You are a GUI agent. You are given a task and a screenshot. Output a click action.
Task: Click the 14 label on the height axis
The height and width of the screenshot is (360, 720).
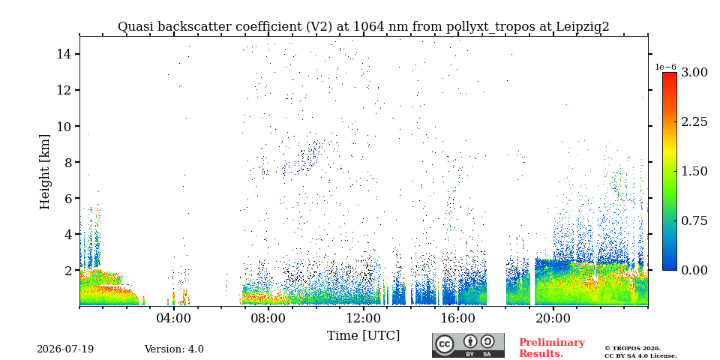63,54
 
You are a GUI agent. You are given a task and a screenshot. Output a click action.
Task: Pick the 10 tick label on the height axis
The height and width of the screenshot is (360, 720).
63,126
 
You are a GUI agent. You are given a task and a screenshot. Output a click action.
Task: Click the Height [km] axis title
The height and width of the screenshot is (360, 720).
44,172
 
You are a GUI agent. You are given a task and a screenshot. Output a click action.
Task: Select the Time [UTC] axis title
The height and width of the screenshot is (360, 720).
363,335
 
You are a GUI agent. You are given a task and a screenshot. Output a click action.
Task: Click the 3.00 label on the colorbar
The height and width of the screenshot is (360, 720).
694,73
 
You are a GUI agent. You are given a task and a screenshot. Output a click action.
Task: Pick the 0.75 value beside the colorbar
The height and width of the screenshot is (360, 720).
694,220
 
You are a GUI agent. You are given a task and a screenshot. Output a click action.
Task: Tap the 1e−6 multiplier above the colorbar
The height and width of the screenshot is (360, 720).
665,67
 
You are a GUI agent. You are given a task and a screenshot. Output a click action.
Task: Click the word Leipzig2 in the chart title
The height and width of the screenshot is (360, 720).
583,27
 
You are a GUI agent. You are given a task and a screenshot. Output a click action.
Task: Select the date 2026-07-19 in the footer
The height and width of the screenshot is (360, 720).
65,349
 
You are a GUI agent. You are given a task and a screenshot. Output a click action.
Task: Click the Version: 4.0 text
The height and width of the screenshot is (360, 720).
174,349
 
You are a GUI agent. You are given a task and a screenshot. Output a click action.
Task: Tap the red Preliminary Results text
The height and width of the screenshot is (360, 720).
552,347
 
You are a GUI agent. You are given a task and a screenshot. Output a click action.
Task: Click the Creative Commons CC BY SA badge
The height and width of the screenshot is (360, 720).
468,345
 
